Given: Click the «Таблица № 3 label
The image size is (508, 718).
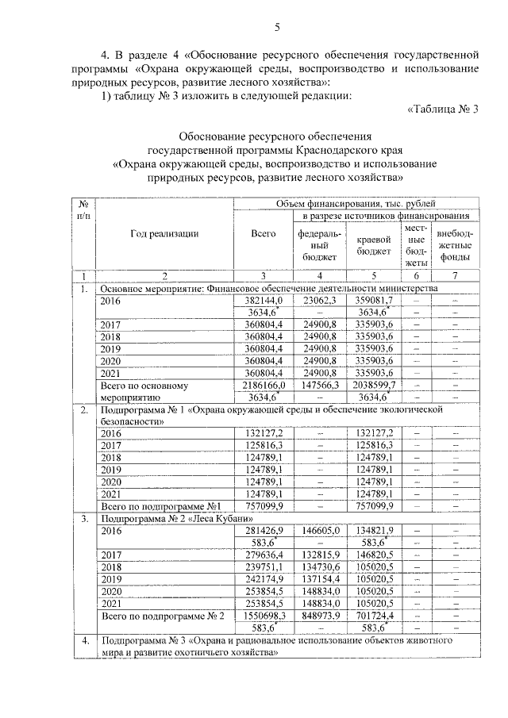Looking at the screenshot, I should click(442, 109).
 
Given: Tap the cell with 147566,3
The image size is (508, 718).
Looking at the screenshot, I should click(319, 384).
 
